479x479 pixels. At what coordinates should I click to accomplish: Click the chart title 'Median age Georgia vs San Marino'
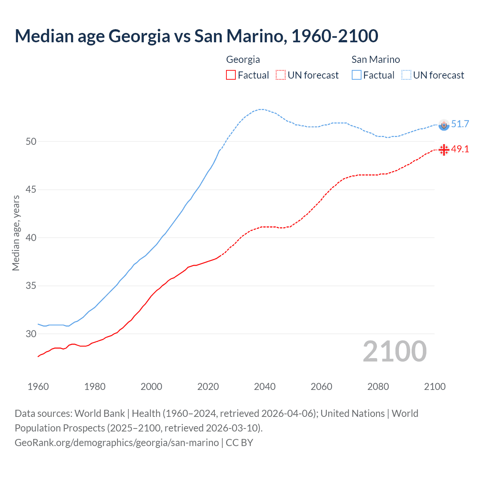196,36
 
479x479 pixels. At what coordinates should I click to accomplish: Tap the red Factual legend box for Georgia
231,75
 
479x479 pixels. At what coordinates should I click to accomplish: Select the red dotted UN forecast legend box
281,75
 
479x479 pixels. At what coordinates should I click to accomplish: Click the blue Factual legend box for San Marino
357,75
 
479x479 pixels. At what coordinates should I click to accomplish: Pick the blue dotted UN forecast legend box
406,75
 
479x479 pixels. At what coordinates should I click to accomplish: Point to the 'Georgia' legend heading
243,60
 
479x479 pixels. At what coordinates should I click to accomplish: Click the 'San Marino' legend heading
375,60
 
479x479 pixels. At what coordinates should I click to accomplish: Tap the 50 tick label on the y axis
31,141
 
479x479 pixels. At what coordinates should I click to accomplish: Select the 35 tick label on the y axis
31,286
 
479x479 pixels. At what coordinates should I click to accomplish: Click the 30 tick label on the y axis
31,334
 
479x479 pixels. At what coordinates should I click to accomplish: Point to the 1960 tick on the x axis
38,387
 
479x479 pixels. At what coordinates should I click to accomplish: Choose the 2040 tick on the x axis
265,387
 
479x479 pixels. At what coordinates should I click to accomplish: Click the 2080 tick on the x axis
378,387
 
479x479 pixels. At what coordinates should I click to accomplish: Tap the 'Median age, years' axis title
16,233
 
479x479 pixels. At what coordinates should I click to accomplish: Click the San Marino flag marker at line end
444,125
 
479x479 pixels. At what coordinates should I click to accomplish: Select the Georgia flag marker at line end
444,150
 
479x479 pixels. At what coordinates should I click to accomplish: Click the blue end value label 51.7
460,124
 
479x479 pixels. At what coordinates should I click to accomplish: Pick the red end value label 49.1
460,149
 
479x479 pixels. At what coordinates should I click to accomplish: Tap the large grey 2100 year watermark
394,351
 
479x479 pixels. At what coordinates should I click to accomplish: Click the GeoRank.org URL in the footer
117,443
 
